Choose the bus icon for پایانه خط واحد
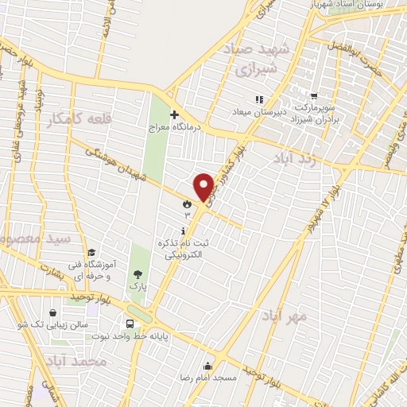click(130, 324)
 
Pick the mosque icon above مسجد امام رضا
click(208, 366)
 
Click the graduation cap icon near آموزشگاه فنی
click(92, 254)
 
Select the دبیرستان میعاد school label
click(258, 112)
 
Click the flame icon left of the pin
click(187, 203)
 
